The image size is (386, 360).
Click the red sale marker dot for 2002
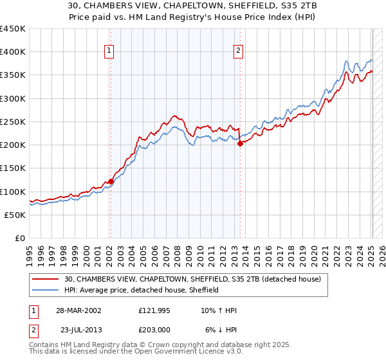click(x=111, y=181)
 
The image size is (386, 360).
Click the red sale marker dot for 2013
click(x=240, y=144)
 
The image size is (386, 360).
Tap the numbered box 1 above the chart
click(x=109, y=51)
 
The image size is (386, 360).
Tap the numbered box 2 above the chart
click(x=239, y=51)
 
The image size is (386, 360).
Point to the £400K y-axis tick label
click(x=13, y=52)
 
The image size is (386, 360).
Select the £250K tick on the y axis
click(x=13, y=122)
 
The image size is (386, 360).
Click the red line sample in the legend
click(x=46, y=278)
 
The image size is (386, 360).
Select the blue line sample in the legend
click(x=46, y=290)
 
